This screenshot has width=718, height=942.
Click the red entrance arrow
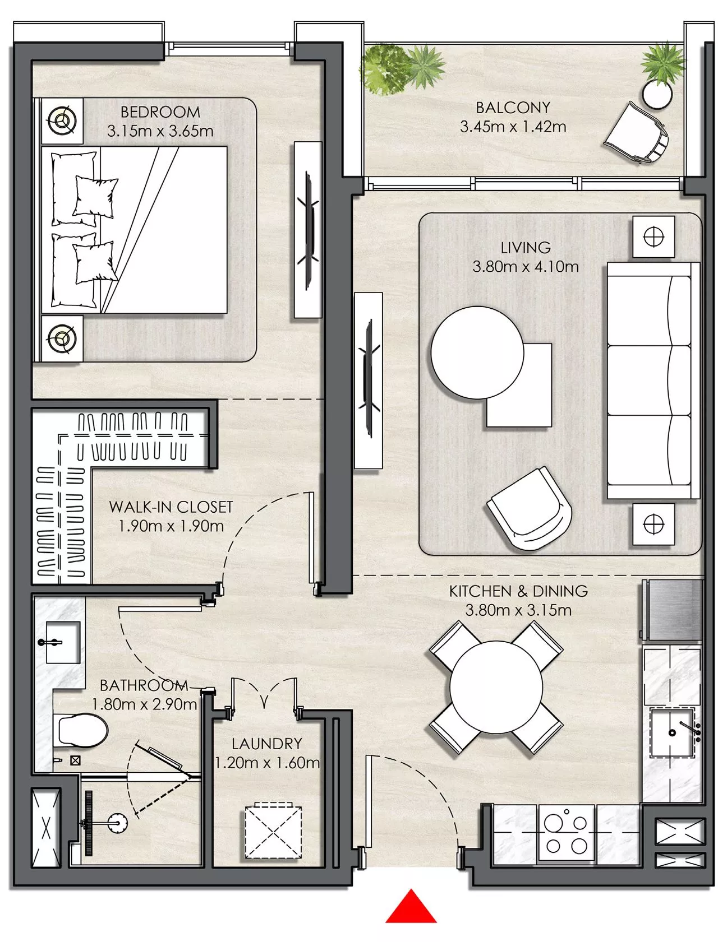click(411, 907)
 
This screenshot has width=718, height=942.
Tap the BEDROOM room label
click(160, 112)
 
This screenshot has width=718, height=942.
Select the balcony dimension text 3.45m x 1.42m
click(513, 127)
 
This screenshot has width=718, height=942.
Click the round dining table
click(496, 687)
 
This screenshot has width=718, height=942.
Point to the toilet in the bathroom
click(82, 730)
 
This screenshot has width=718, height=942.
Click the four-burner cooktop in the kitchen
click(566, 833)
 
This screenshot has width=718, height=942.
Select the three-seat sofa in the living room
click(653, 381)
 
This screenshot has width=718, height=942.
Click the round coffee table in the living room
click(477, 352)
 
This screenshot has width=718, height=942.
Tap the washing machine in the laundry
click(273, 833)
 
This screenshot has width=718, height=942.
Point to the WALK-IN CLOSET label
click(171, 507)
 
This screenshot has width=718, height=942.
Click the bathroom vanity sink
click(61, 642)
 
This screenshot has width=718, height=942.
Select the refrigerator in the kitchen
click(672, 610)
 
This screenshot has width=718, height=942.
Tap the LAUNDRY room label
click(267, 744)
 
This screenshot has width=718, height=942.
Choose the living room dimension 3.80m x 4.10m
click(526, 267)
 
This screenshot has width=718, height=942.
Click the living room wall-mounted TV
click(369, 380)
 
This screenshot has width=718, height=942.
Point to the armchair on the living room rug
click(529, 509)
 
